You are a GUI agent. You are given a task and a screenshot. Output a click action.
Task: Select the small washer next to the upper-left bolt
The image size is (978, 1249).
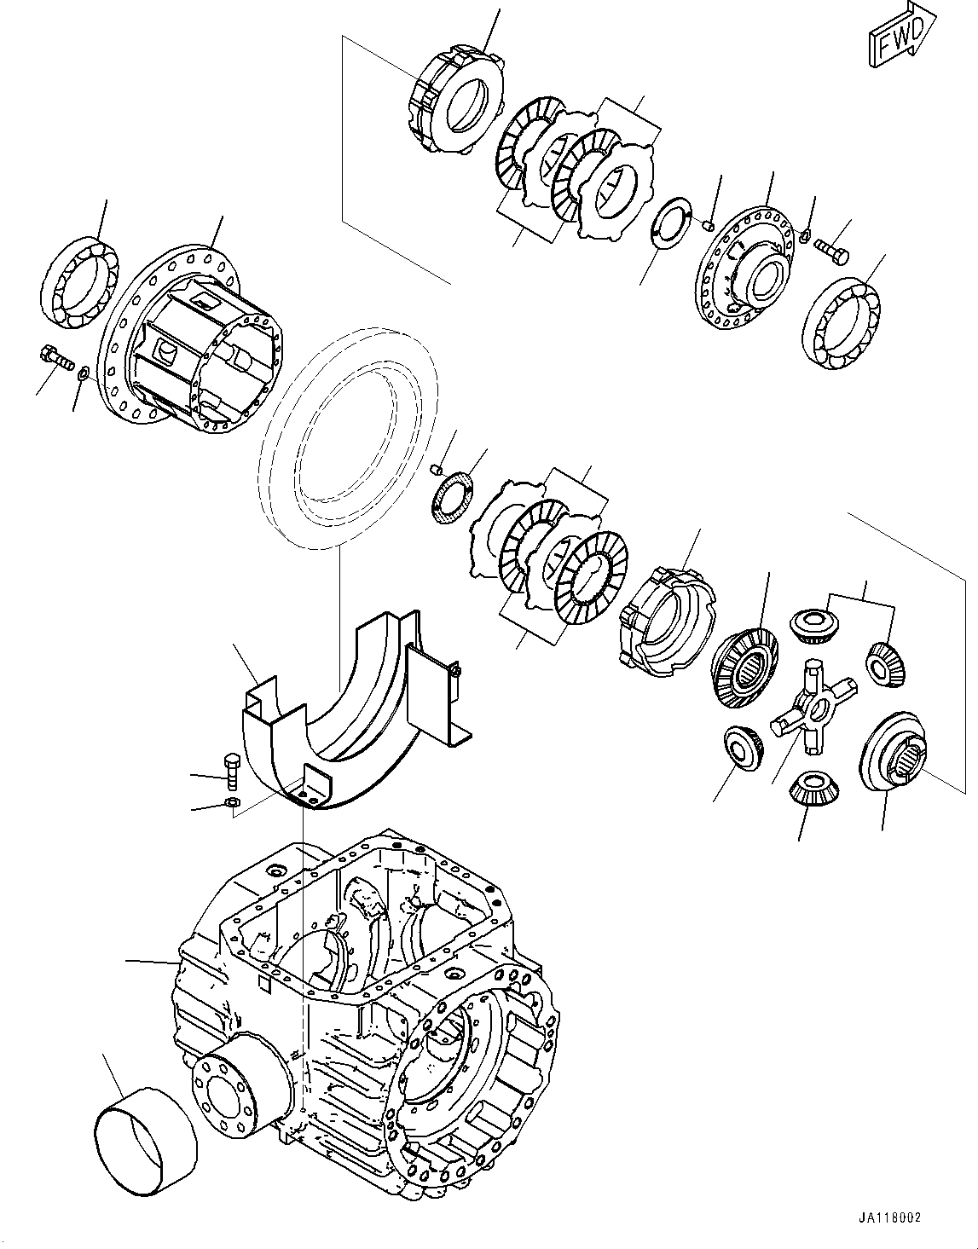[x=84, y=373]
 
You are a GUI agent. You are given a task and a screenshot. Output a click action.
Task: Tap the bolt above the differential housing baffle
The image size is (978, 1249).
[x=230, y=767]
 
